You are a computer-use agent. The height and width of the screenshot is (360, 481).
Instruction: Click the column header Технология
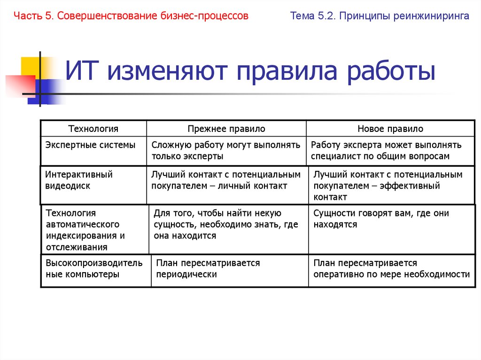93,129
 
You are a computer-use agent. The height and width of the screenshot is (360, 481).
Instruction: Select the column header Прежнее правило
226,129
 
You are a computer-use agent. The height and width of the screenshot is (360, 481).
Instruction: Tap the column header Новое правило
390,129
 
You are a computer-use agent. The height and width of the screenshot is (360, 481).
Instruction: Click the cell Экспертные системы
90,145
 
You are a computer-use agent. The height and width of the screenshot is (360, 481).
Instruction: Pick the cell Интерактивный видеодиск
79,180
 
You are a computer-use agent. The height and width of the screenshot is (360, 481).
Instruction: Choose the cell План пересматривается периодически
208,268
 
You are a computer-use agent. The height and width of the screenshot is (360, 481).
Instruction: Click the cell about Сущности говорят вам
381,219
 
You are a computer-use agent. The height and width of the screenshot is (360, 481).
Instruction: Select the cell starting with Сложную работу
225,151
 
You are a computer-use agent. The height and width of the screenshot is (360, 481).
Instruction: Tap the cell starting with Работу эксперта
386,151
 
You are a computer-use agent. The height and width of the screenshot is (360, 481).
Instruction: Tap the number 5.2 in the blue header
324,16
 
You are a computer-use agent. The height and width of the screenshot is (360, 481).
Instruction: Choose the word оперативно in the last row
334,275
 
